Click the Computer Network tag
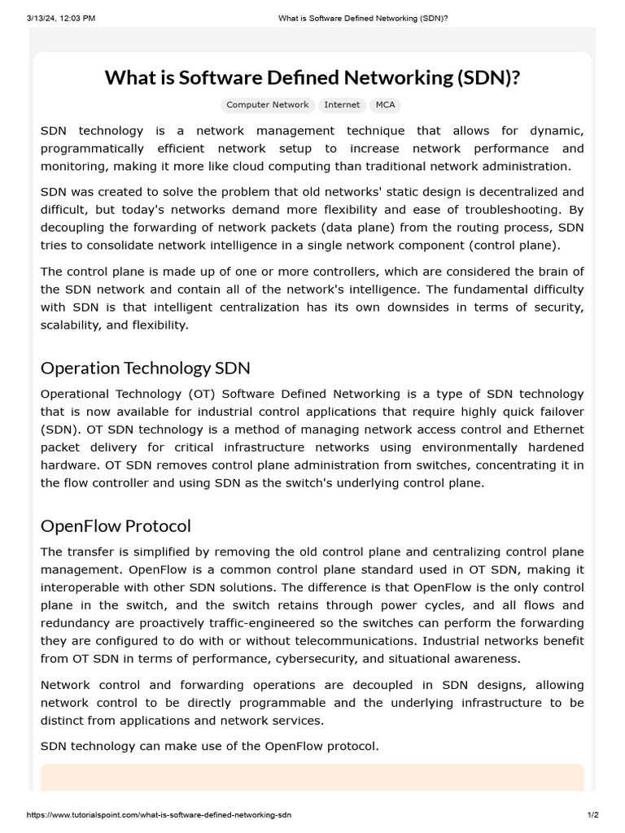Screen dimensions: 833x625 pos(267,105)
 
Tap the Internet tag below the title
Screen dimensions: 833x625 pos(342,105)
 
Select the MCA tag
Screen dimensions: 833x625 pos(385,105)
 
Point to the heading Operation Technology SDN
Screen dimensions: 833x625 pos(146,368)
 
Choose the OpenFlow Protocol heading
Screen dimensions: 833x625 pos(116,526)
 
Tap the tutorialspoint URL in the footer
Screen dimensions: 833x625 pos(160,814)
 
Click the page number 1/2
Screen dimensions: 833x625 pos(592,814)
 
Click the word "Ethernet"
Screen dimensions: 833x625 pos(558,430)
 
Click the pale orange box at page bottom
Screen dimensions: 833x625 pos(312,777)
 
